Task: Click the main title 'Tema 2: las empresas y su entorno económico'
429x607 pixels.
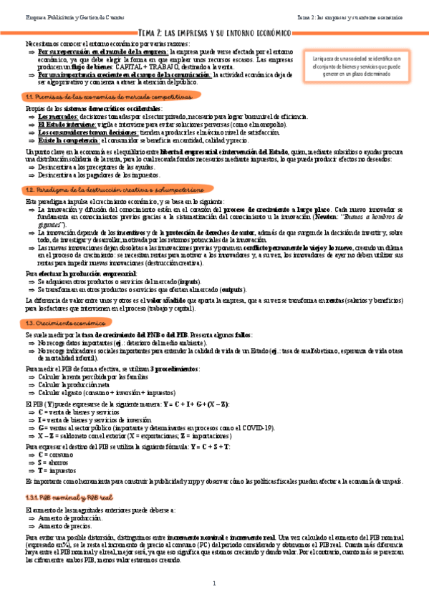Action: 214,32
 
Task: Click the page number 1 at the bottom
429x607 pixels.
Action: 214,584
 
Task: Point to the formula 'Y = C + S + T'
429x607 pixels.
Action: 206,446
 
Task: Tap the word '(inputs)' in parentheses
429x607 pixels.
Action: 188,282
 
